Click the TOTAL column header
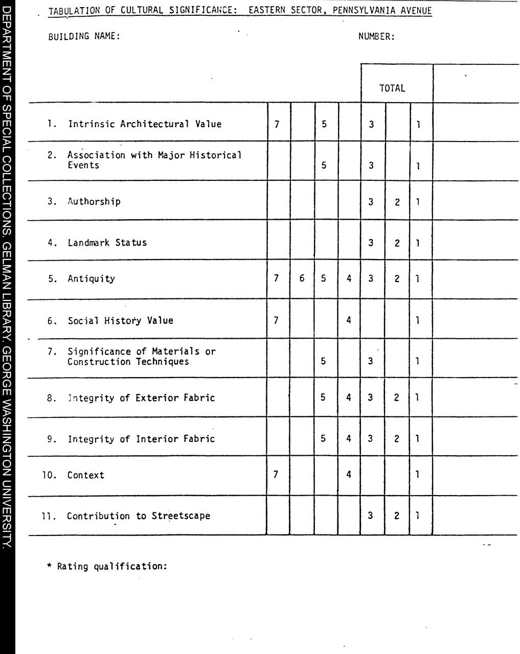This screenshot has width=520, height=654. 392,88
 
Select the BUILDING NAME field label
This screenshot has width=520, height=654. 84,36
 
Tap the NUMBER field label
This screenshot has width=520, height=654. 376,36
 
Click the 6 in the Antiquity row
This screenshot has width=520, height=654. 302,279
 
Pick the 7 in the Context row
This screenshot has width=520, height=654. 276,475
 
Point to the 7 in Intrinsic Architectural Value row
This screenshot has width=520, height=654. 277,124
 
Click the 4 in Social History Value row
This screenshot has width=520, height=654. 349,320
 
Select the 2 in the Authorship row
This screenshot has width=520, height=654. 397,202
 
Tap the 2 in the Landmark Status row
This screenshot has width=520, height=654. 397,243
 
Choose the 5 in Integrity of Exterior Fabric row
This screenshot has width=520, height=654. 323,397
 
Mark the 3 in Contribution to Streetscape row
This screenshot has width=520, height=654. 371,516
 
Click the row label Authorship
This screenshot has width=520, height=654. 94,201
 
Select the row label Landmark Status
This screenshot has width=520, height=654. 107,243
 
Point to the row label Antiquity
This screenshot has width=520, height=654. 91,279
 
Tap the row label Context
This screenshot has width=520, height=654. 85,475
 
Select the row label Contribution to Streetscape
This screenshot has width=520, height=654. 138,516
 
